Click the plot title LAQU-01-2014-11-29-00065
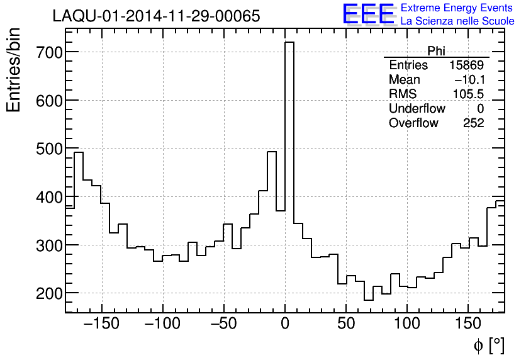tap(156, 16)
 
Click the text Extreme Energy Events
tap(456, 8)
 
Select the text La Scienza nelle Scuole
tap(457, 21)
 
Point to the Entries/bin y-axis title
tap(14, 70)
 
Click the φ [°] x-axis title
tap(488, 345)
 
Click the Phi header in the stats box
tap(436, 51)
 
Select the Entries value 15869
tap(466, 65)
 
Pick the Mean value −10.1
tap(469, 80)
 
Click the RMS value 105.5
tap(468, 94)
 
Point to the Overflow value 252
tap(473, 123)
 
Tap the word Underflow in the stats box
tap(417, 109)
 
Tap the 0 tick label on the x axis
tap(285, 324)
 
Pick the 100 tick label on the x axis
tap(407, 324)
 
